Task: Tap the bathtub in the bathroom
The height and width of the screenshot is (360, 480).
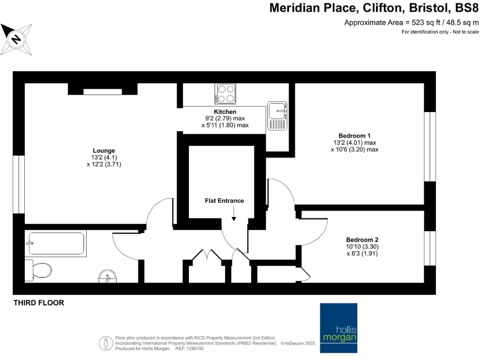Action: tap(56, 243)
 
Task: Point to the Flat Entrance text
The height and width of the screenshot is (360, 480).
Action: tap(224, 201)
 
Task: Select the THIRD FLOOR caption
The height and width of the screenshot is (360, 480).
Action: tap(39, 303)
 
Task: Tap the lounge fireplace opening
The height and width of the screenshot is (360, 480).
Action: tap(102, 92)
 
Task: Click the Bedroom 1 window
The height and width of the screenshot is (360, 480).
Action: tap(429, 146)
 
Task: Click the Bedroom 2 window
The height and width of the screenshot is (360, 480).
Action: tap(429, 248)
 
